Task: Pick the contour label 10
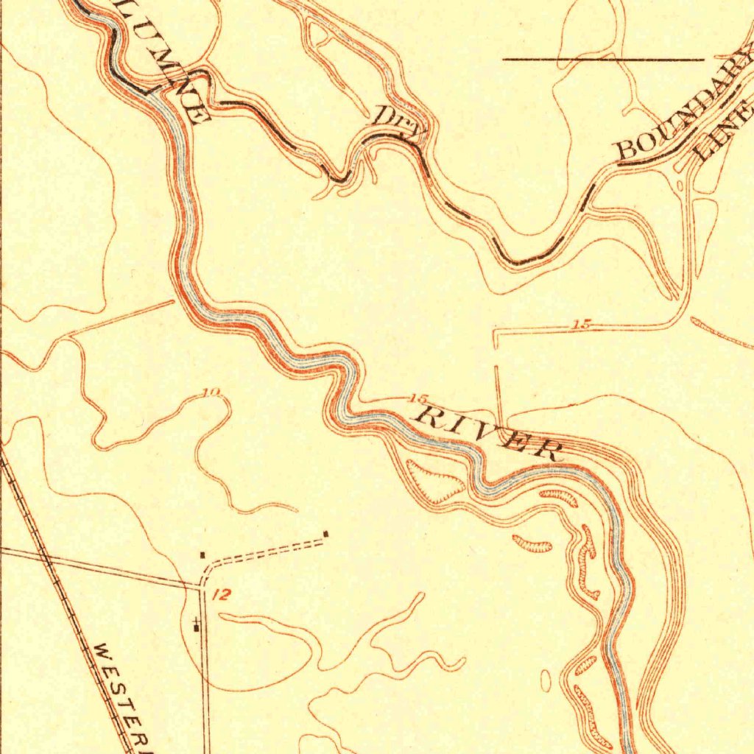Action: pos(211,392)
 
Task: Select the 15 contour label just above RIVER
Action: pos(417,399)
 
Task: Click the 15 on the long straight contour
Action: pos(581,323)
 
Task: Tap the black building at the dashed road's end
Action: pos(325,534)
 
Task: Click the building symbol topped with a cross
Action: pos(196,626)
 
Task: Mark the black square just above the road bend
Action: pos(202,554)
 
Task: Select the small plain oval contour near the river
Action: pos(546,680)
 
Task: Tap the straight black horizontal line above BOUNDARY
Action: pos(604,58)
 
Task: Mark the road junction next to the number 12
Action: pos(202,587)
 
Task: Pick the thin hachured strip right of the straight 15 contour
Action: pos(722,333)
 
